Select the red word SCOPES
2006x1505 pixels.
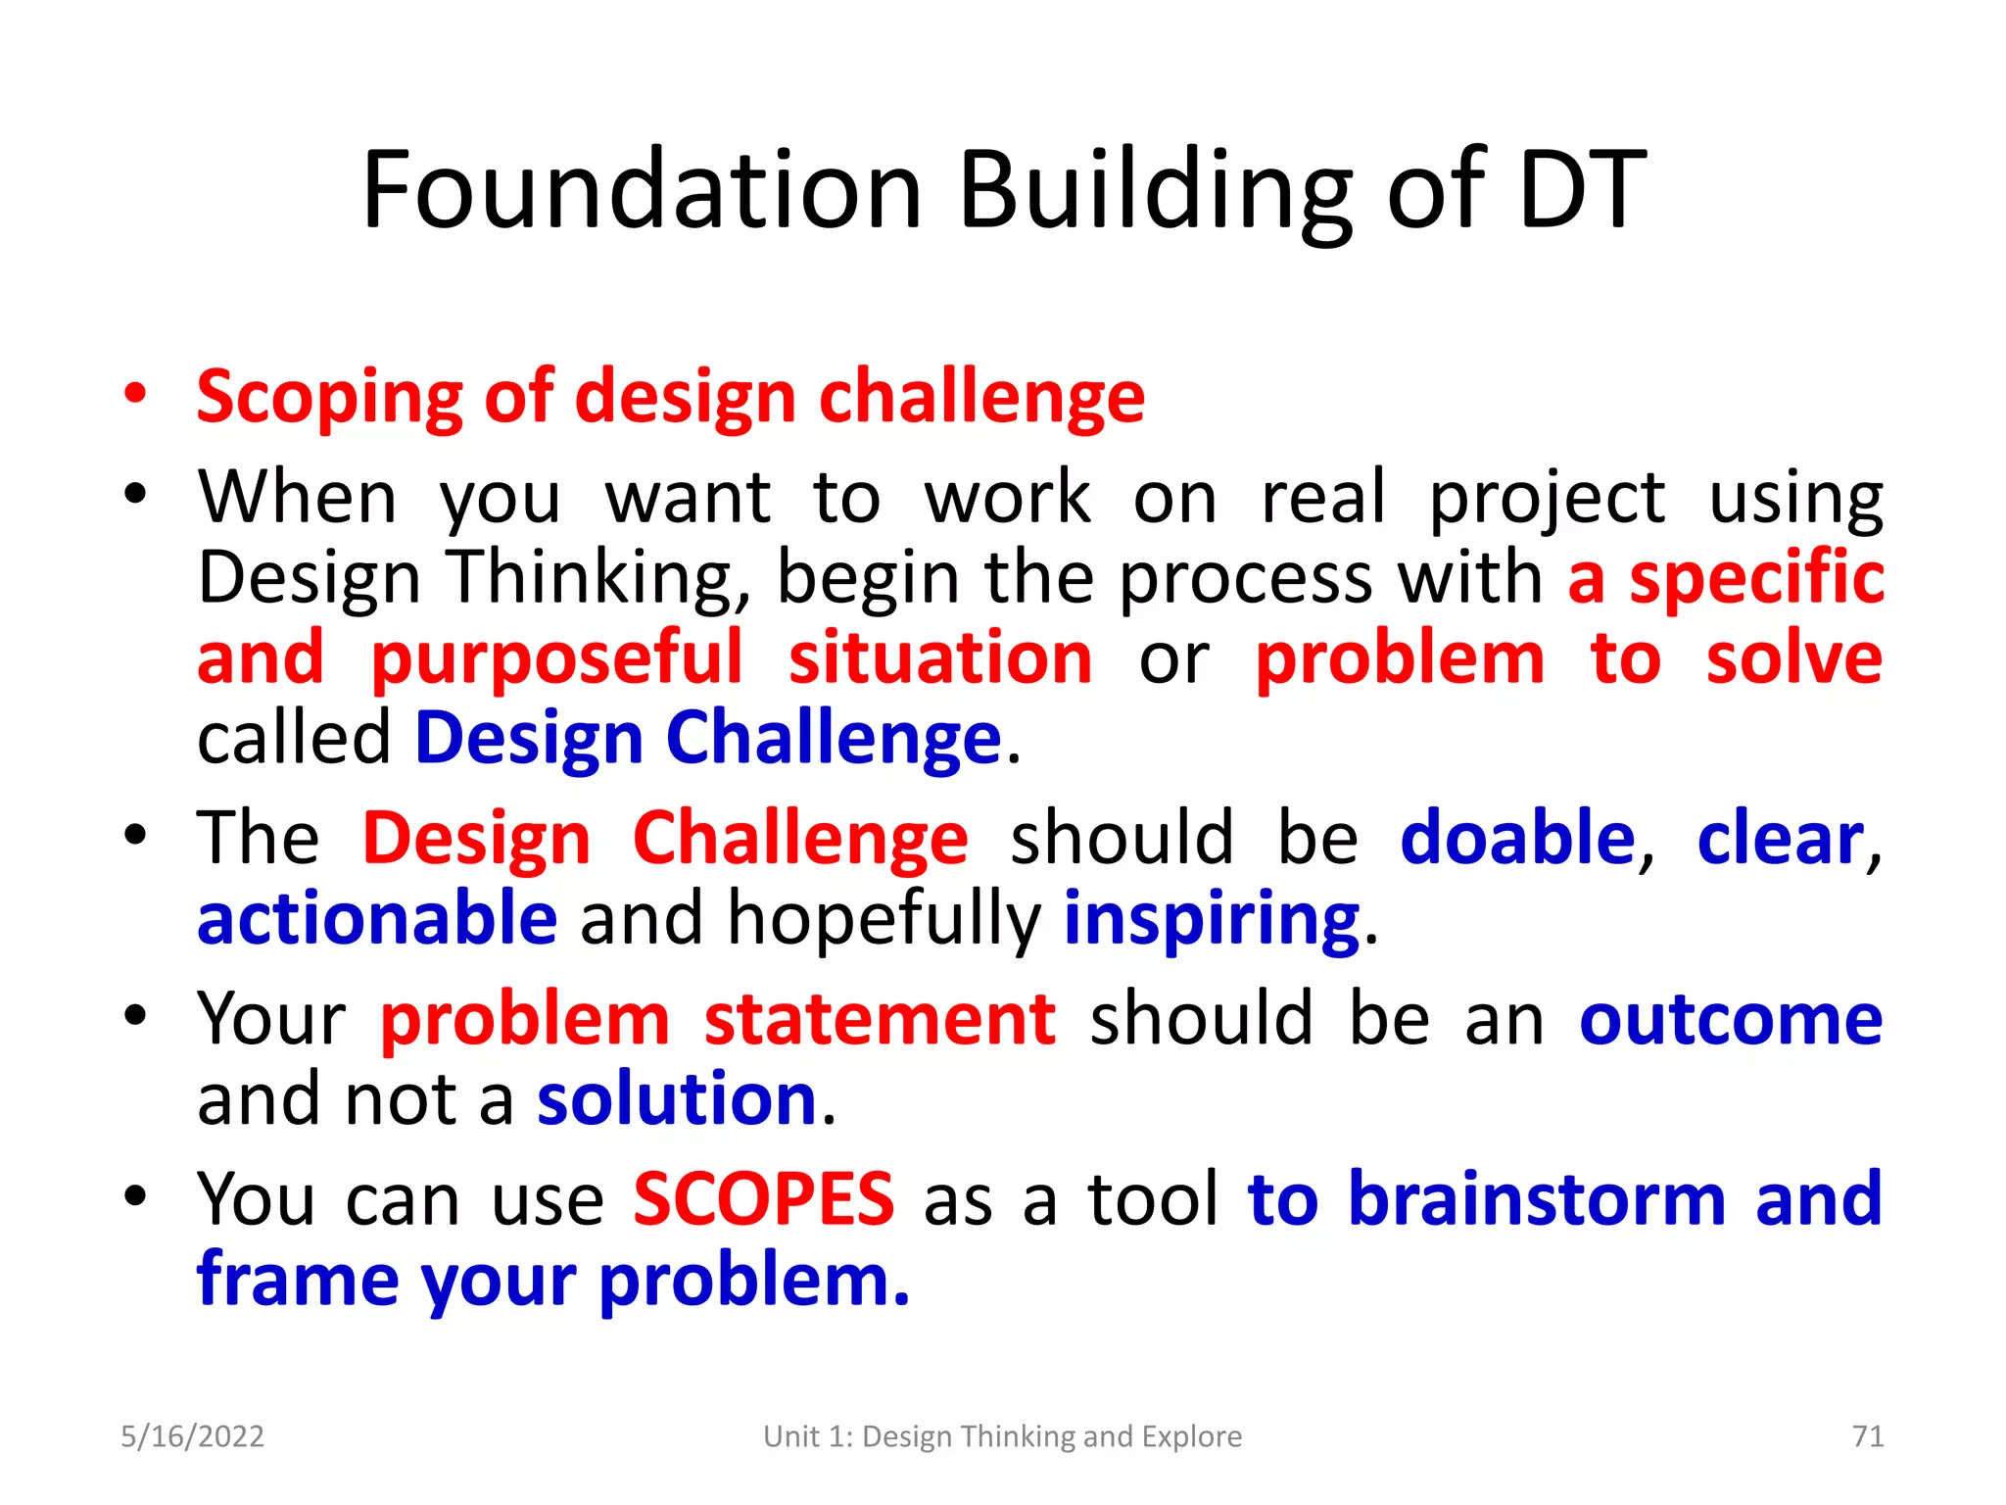(763, 1198)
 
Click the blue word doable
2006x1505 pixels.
(1517, 839)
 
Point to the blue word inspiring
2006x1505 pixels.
(1212, 919)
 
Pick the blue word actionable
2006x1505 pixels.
(377, 919)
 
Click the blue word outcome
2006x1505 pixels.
(1731, 1019)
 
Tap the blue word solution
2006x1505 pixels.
(677, 1099)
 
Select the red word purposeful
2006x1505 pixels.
(557, 658)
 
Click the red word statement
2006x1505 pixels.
(880, 1019)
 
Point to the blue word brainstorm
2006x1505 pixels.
(1537, 1198)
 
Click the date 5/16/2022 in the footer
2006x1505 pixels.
(192, 1436)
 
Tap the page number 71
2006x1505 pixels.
(1868, 1436)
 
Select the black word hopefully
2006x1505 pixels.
(884, 919)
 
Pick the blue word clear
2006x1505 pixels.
(1780, 839)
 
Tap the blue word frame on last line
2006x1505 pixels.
(298, 1280)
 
